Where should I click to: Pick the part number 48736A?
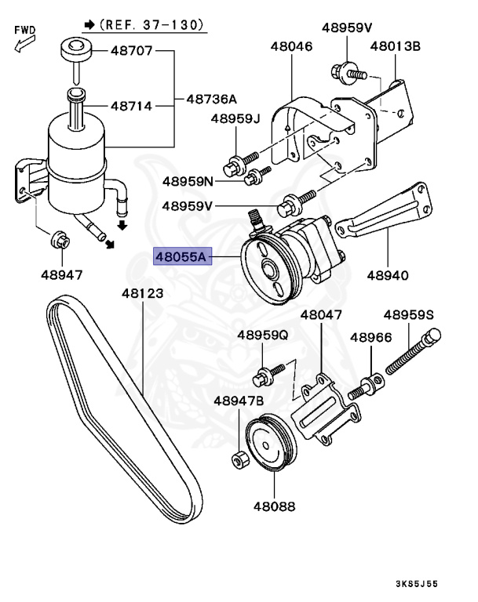[211, 100]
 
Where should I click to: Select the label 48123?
[141, 294]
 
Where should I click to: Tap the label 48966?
[370, 337]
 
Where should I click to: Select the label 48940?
[388, 275]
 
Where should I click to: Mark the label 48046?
[291, 47]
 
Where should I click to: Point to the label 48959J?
[234, 119]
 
